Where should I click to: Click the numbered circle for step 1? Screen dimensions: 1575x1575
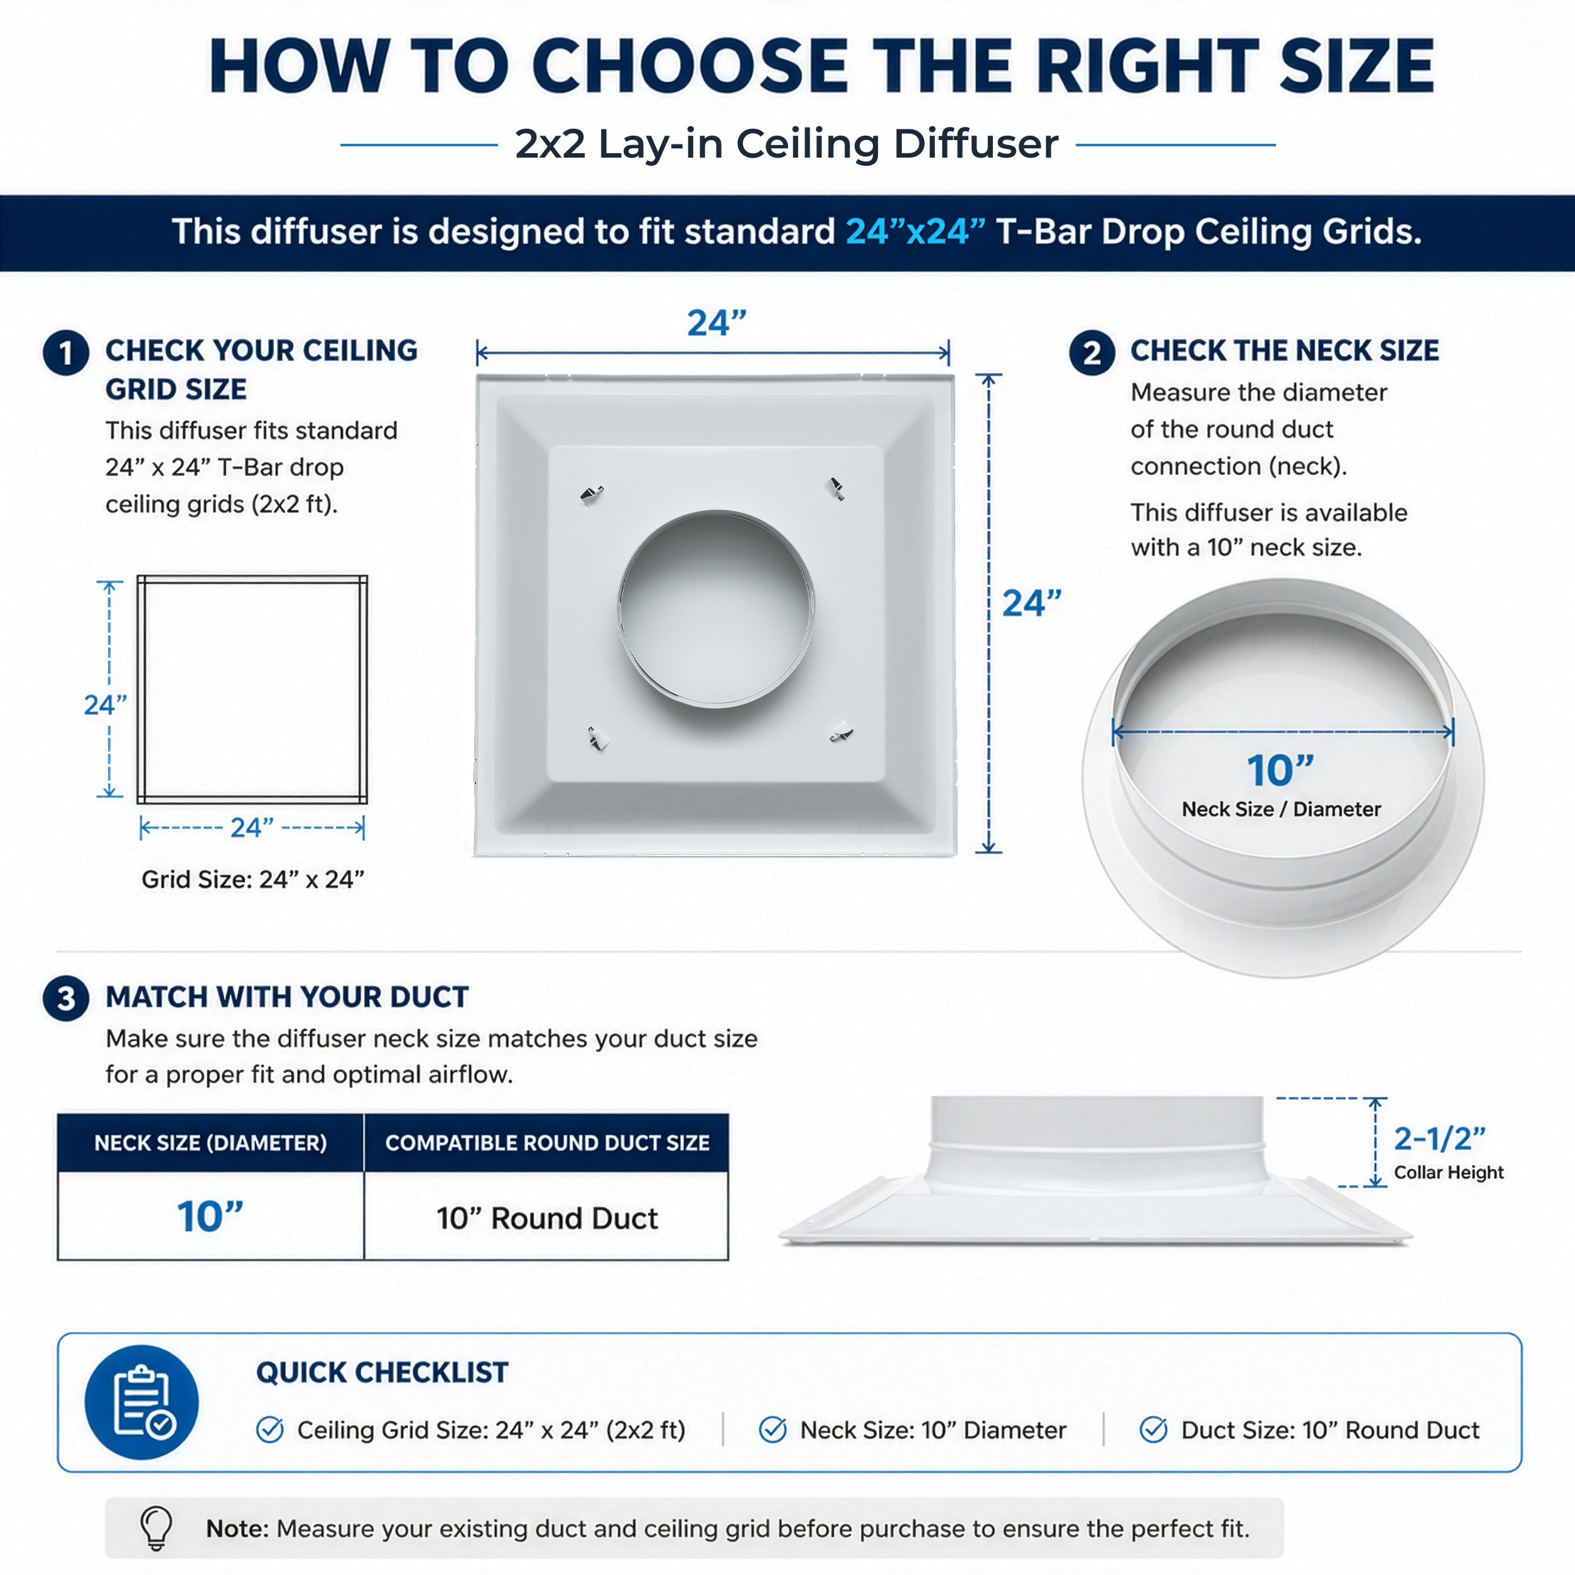[66, 353]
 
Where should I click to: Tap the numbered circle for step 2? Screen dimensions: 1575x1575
[1091, 353]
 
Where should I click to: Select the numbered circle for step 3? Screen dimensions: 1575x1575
[66, 999]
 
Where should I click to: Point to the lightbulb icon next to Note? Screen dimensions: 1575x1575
[156, 1527]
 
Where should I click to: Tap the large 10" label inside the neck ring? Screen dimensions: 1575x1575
[1280, 771]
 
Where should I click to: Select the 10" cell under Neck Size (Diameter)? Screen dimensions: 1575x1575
[210, 1216]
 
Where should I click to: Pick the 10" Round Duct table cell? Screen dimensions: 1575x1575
[546, 1217]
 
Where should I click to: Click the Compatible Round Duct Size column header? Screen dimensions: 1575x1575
[547, 1143]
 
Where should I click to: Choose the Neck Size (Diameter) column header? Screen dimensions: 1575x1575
[210, 1143]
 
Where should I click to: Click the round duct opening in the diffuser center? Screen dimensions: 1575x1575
[717, 609]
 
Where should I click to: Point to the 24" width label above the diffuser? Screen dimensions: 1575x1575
[717, 323]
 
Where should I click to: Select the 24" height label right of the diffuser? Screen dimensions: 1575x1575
[1031, 603]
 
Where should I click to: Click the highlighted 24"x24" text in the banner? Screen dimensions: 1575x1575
[916, 232]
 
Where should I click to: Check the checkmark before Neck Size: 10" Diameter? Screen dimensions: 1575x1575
[772, 1429]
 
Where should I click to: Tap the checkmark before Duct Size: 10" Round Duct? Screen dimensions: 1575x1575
[1153, 1429]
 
